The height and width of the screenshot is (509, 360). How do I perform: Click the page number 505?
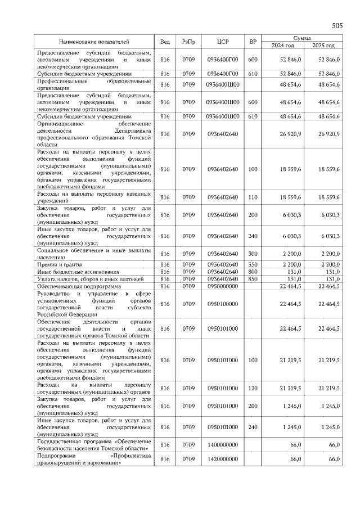[x=337, y=25]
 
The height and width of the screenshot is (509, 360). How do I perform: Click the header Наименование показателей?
[x=94, y=42]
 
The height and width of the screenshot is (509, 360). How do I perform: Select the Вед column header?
[x=165, y=42]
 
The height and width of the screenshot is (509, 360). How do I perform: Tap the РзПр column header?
[x=188, y=42]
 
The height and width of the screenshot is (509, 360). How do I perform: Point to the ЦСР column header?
[x=222, y=42]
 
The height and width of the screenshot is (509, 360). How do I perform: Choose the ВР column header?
[x=253, y=42]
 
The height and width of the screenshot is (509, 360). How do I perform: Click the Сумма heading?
[x=303, y=37]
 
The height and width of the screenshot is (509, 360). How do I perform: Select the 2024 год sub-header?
[x=283, y=45]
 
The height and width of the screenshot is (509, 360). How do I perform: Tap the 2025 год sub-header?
[x=323, y=45]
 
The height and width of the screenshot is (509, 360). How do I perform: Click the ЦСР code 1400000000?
[x=222, y=444]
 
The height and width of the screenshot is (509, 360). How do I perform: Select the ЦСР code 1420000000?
[x=222, y=460]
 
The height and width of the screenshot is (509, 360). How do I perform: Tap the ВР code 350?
[x=253, y=264]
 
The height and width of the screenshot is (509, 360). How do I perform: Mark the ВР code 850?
[x=253, y=279]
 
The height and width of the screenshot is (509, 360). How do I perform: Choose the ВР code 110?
[x=253, y=197]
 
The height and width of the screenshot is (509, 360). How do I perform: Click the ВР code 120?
[x=253, y=388]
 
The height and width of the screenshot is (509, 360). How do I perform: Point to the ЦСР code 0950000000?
[x=222, y=286]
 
